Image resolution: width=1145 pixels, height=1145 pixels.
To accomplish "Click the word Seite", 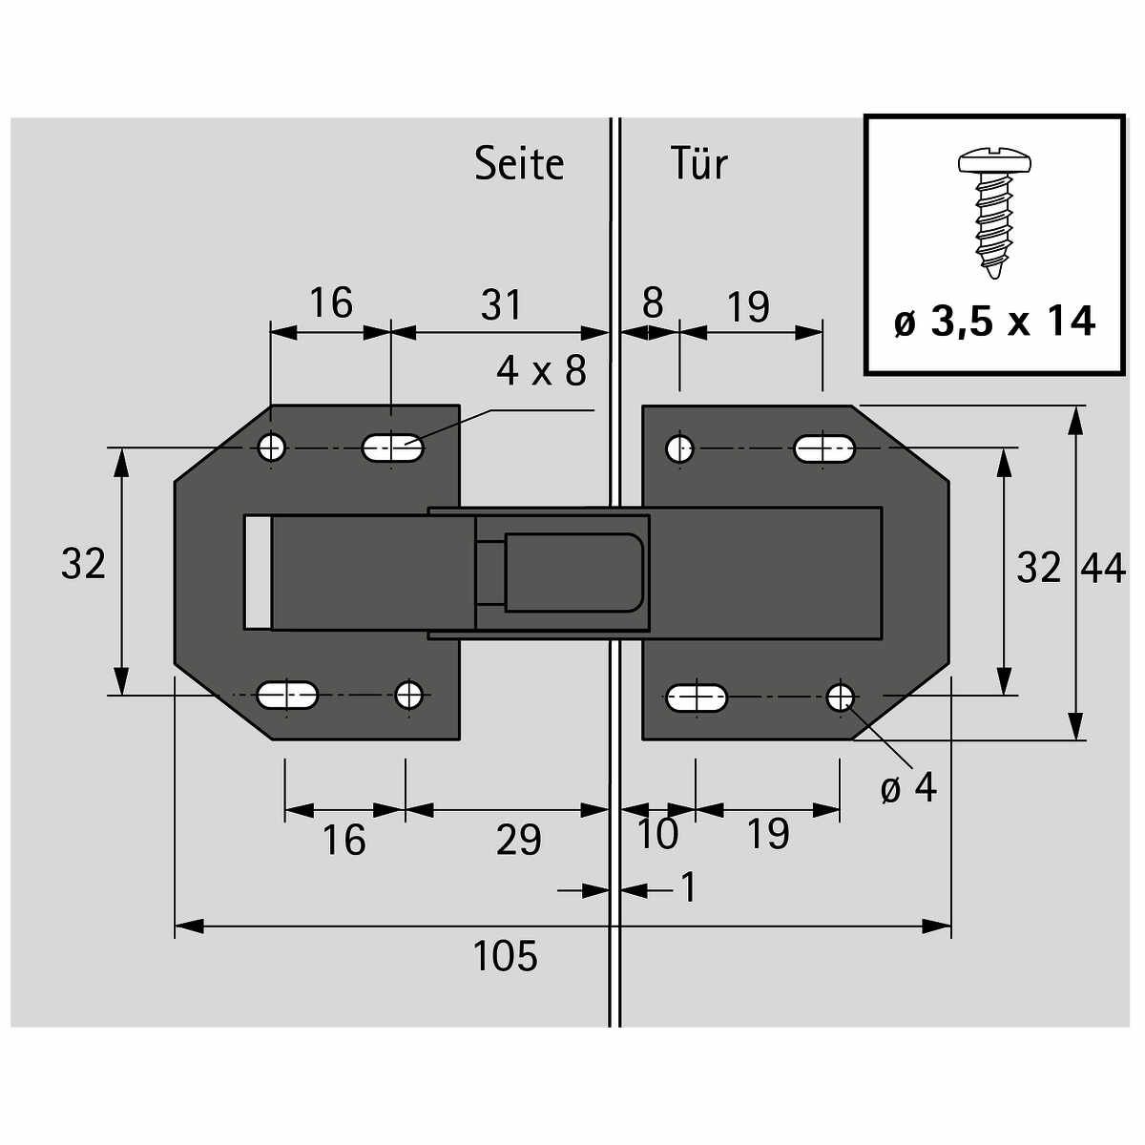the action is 519,163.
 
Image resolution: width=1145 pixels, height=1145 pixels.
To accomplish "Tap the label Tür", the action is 698,163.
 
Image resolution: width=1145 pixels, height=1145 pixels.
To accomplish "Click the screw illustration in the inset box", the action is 994,214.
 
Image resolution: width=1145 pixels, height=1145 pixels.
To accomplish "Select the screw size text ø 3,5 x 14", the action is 994,323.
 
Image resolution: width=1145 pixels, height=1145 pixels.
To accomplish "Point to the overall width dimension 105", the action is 505,956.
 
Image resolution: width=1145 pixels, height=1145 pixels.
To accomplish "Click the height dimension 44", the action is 1103,569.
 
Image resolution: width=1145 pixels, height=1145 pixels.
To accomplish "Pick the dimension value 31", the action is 501,304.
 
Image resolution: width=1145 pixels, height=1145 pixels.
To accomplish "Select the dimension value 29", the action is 519,841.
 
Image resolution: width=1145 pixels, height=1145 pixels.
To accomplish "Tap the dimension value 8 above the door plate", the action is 653,302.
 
